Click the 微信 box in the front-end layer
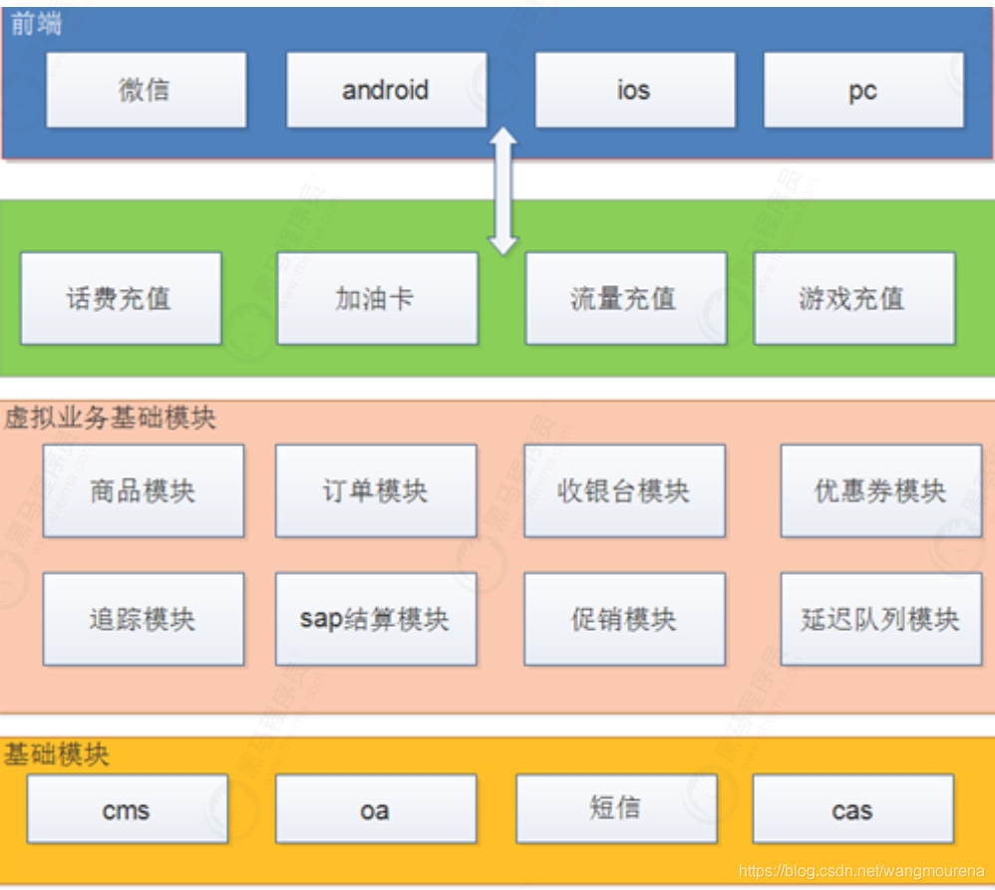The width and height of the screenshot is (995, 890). (146, 90)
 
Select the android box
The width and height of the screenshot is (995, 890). (386, 90)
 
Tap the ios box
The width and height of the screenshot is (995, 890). (634, 90)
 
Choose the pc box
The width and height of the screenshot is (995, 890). (863, 90)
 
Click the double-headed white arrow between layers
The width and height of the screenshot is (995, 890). (503, 190)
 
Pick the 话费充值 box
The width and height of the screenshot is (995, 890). (121, 298)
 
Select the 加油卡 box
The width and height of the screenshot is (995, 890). (377, 298)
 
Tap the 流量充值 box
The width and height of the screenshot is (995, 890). (625, 298)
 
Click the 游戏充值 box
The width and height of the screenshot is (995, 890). (853, 298)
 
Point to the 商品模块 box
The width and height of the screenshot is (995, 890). (144, 490)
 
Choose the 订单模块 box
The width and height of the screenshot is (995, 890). (376, 490)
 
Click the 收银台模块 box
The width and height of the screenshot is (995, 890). (624, 490)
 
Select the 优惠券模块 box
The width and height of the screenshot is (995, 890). (880, 490)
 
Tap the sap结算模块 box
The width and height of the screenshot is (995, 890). (376, 619)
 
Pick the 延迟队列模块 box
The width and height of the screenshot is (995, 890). (880, 619)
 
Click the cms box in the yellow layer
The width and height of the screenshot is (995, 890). (127, 809)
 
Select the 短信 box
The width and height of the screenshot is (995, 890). (616, 807)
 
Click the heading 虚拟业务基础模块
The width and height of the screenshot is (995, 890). (110, 417)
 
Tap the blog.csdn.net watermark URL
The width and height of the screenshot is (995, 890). (861, 872)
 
